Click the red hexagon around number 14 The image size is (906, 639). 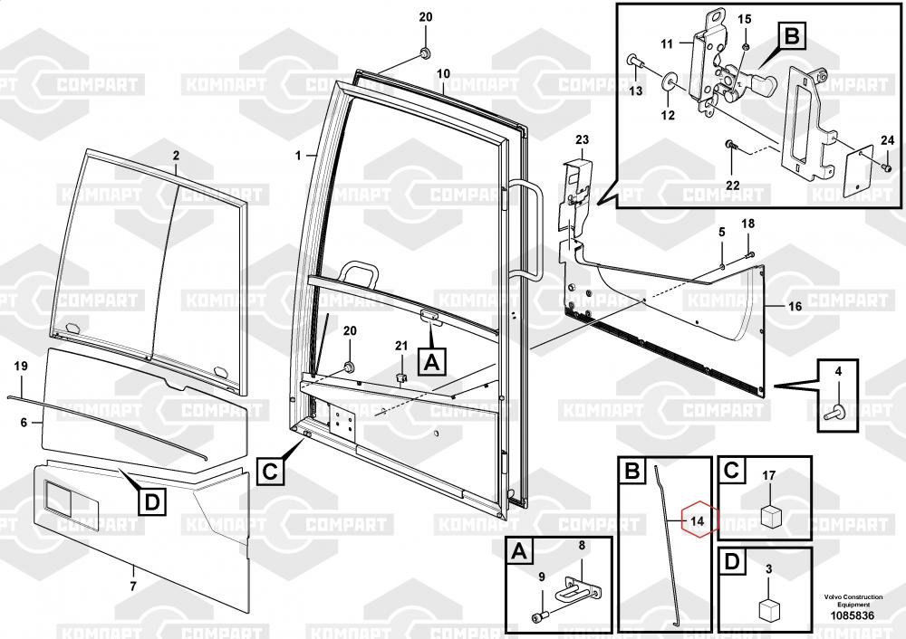coord(697,520)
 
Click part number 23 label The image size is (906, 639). coord(582,139)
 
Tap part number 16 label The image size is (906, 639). coord(795,308)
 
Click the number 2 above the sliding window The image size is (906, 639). coord(176,156)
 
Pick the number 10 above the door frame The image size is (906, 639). coord(443,72)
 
